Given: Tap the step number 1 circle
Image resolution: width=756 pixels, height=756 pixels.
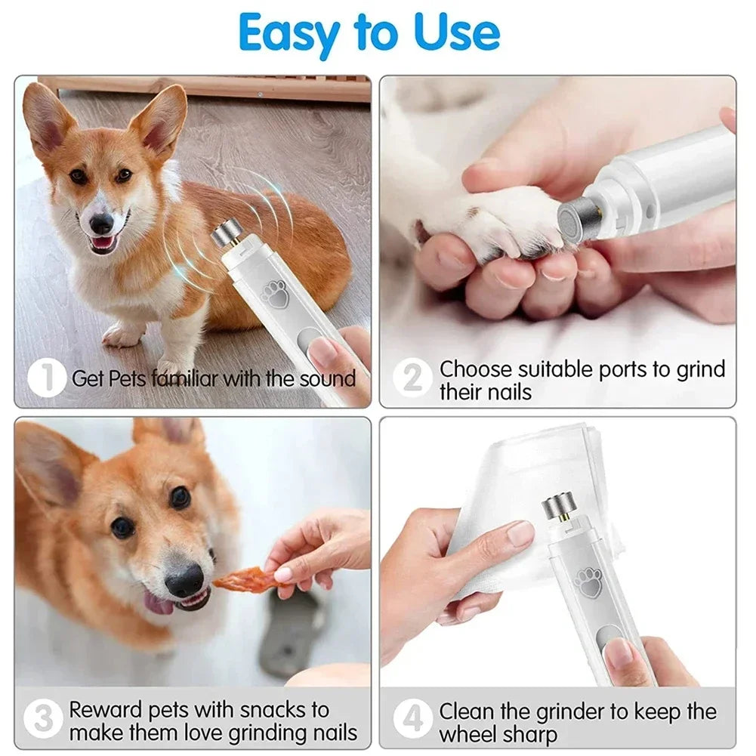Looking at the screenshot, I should click(47, 378).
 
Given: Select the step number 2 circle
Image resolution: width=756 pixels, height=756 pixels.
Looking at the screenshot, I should click(412, 378).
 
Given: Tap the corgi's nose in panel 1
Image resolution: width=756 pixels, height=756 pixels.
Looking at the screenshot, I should click(100, 223).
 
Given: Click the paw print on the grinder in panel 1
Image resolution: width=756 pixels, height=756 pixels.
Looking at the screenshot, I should click(275, 295).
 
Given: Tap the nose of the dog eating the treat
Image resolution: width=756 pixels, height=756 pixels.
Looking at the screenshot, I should click(184, 582).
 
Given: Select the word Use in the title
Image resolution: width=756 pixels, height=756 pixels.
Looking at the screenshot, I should click(457, 34).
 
